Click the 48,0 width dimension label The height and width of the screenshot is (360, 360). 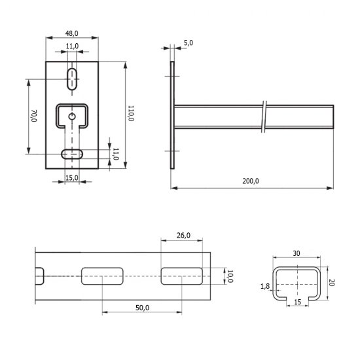[x=72, y=33]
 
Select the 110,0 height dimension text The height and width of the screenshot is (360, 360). [x=131, y=113]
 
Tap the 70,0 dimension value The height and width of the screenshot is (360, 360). [x=34, y=116]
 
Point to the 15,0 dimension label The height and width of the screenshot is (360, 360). [x=72, y=177]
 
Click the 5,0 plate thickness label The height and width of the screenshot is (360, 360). [x=189, y=43]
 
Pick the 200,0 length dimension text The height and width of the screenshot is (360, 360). [x=251, y=181]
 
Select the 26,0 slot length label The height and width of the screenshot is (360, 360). [x=183, y=236]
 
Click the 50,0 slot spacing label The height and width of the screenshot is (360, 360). [x=142, y=308]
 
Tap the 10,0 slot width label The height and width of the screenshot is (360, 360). [x=230, y=276]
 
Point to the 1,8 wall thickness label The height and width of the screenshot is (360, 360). [x=265, y=286]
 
